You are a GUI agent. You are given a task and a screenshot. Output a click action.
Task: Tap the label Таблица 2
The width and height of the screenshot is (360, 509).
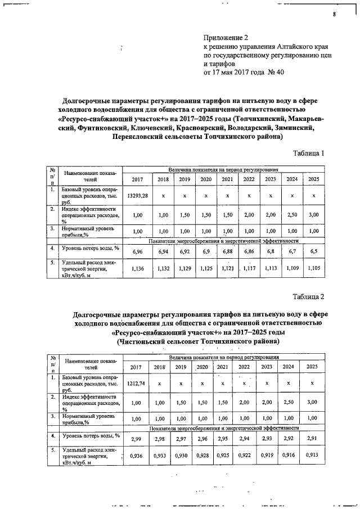[308, 296]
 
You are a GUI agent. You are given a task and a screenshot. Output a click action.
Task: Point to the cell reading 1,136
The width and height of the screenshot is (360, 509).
[137, 269]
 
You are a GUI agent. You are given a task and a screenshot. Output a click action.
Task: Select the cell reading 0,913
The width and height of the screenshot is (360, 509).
[313, 454]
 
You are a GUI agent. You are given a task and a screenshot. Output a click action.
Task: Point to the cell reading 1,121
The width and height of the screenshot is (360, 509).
[227, 269]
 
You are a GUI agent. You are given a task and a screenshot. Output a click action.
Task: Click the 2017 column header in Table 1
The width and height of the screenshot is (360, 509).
[137, 179]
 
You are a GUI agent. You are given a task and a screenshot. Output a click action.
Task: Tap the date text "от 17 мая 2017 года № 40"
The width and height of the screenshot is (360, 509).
[244, 73]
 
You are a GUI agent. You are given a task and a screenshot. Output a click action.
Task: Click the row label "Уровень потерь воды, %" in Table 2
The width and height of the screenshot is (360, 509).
[91, 436]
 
